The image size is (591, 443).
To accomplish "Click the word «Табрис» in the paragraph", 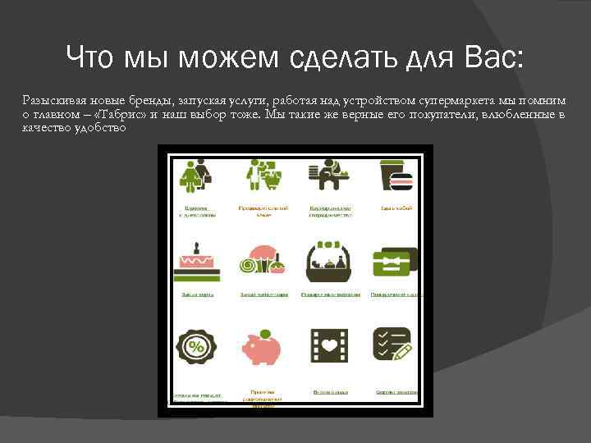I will tap(122, 115).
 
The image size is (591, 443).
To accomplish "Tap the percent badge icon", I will tap(196, 346).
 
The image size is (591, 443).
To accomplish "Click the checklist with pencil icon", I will tap(393, 345).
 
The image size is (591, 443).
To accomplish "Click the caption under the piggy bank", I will tap(263, 399).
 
